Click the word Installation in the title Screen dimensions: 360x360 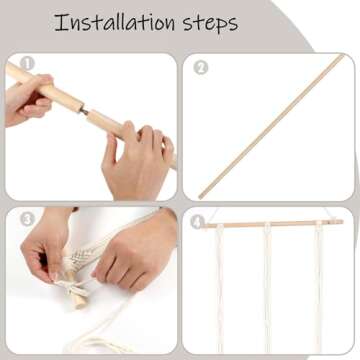pos(114,23)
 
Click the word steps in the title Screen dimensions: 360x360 pos(210,24)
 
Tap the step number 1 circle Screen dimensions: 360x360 pos(27,64)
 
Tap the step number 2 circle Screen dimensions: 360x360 pos(201,68)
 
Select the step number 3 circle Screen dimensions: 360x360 pos(27,219)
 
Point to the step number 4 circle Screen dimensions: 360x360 pos(197,222)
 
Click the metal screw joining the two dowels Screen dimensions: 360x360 pos(85,111)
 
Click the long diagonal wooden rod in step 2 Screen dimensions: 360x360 pos(271,127)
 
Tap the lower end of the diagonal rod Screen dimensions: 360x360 pos(200,197)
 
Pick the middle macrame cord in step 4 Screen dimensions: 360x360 pos(267,288)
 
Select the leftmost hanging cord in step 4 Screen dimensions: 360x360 pos(220,288)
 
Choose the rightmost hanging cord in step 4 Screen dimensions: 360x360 pos(319,288)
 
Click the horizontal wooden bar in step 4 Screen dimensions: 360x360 pos(273,224)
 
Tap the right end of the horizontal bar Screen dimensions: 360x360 pos(342,221)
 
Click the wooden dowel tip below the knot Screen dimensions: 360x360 pos(79,301)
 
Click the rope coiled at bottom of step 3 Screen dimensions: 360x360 pos(100,333)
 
